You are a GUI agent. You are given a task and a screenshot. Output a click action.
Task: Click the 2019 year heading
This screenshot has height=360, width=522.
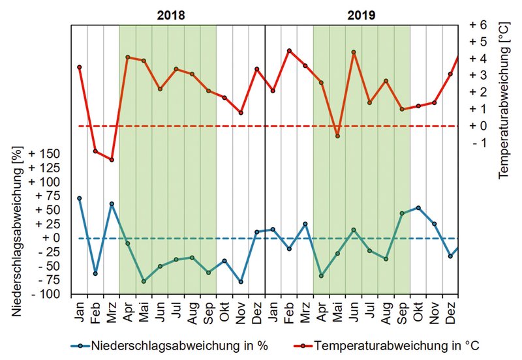[361, 14]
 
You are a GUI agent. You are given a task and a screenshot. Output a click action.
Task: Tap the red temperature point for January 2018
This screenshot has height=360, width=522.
[79, 67]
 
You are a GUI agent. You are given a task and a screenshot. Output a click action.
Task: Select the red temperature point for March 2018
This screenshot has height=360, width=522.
[112, 160]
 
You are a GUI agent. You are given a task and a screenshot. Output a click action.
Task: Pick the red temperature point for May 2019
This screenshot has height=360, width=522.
[337, 136]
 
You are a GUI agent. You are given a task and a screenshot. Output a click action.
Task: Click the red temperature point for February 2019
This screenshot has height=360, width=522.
[289, 51]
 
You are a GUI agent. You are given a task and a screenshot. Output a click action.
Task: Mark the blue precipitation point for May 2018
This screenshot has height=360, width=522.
[144, 281]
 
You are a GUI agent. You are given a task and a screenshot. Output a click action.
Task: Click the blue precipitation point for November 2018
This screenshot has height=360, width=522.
[241, 282]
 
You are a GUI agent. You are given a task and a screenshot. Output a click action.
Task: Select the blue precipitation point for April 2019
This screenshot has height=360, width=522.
[321, 276]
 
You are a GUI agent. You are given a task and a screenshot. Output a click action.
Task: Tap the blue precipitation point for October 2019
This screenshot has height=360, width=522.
[418, 208]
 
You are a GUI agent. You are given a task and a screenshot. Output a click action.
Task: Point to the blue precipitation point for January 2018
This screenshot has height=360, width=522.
[79, 198]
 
